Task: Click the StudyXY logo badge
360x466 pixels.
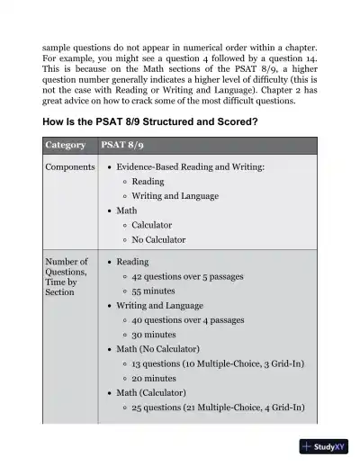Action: point(324,446)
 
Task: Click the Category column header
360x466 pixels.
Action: point(66,145)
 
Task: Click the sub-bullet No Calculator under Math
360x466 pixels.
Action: point(158,239)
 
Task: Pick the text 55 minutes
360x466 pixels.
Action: point(153,291)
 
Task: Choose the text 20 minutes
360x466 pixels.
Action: point(153,378)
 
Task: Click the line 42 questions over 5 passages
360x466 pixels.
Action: point(187,276)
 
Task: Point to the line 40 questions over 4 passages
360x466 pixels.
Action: point(187,319)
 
